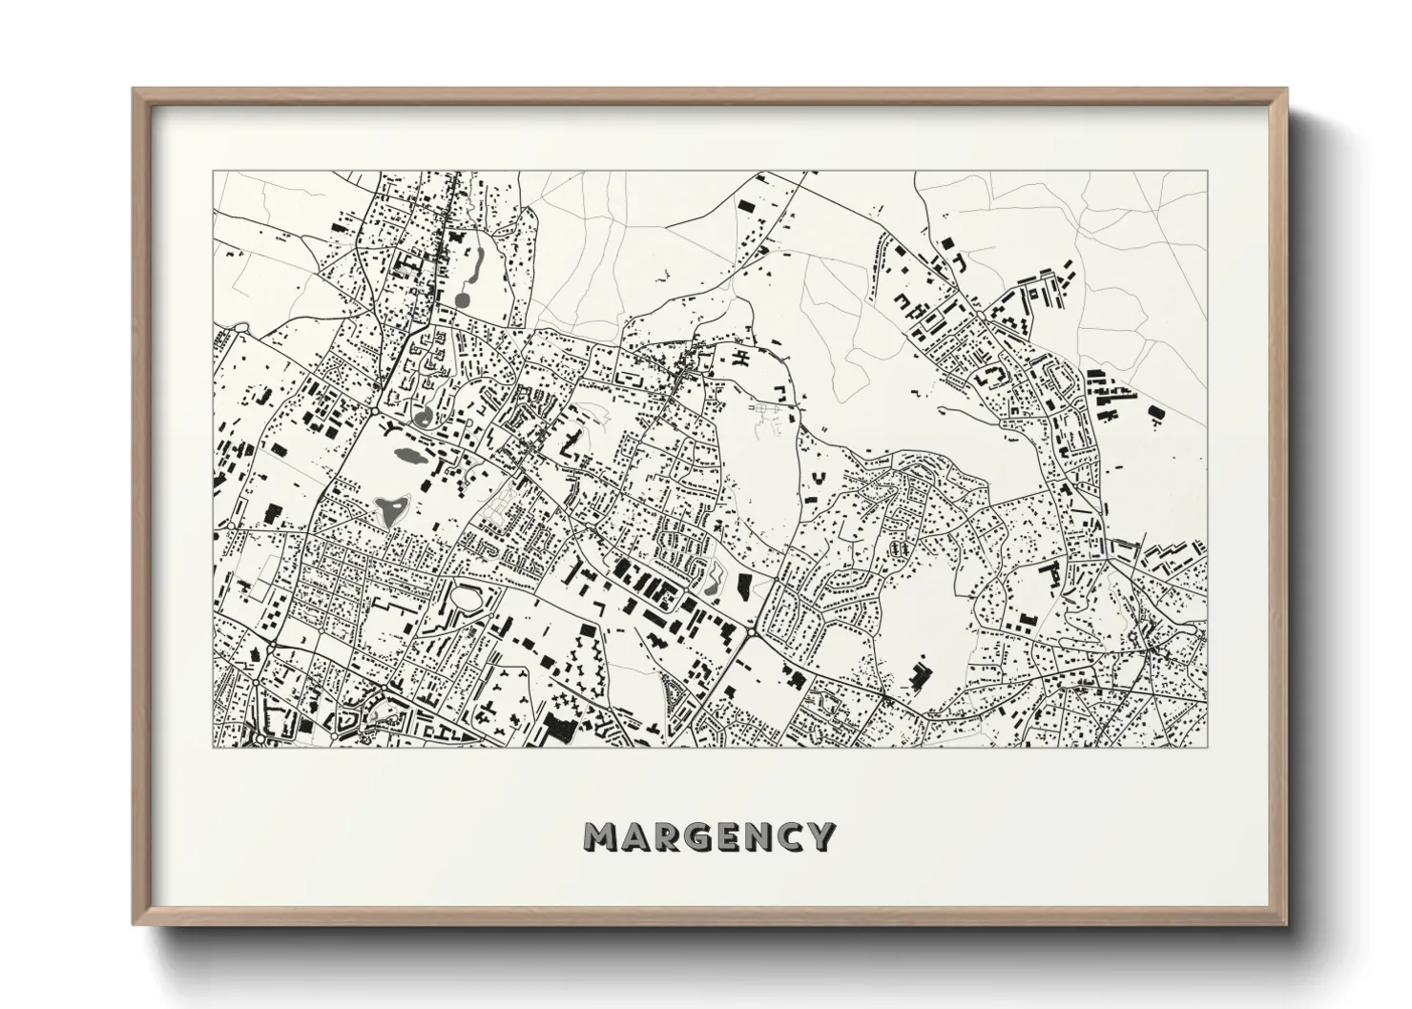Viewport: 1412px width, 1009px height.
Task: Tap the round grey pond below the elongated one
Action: point(463,299)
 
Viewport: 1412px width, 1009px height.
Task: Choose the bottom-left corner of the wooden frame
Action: point(135,923)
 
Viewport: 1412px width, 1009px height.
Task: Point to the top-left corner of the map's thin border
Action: point(213,173)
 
